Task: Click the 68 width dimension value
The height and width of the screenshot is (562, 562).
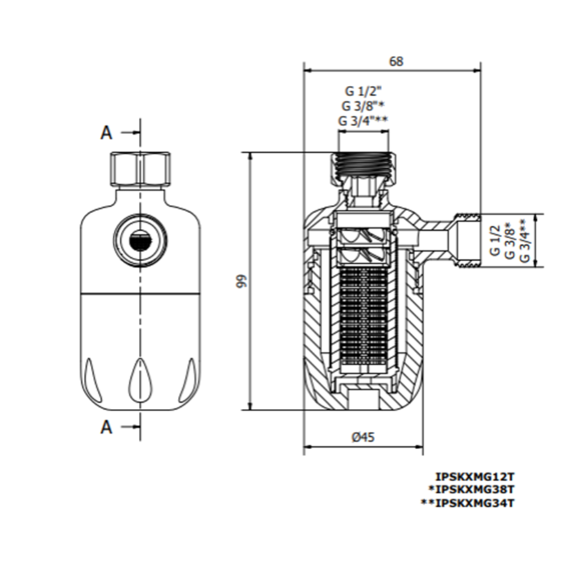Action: click(x=396, y=62)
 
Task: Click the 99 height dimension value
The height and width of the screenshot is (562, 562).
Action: click(x=242, y=281)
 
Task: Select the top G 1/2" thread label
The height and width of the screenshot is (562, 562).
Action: click(x=363, y=90)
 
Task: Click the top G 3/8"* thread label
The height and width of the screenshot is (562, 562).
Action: click(x=363, y=105)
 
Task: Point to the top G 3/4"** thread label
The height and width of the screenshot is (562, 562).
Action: click(x=363, y=120)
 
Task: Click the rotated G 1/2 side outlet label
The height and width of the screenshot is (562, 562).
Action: click(x=495, y=241)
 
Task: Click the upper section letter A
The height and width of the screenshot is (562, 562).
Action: click(x=106, y=133)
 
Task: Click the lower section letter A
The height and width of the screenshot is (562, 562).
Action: click(x=106, y=428)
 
